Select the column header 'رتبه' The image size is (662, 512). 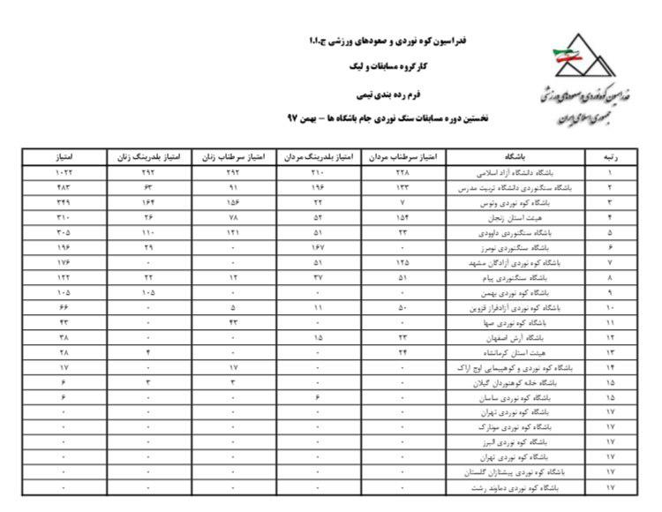click(610, 156)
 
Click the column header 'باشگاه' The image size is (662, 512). click(517, 156)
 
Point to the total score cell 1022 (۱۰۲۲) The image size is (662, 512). click(64, 173)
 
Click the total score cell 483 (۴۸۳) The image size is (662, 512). click(64, 188)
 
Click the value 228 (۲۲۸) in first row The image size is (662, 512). click(402, 173)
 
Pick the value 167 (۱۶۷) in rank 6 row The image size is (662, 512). click(319, 248)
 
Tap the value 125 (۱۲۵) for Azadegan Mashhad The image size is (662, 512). click(402, 262)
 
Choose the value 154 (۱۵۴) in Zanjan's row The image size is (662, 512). click(402, 217)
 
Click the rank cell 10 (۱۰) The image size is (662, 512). click(610, 307)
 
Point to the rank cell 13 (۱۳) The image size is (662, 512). click(610, 352)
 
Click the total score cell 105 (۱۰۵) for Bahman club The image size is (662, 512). click(64, 292)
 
